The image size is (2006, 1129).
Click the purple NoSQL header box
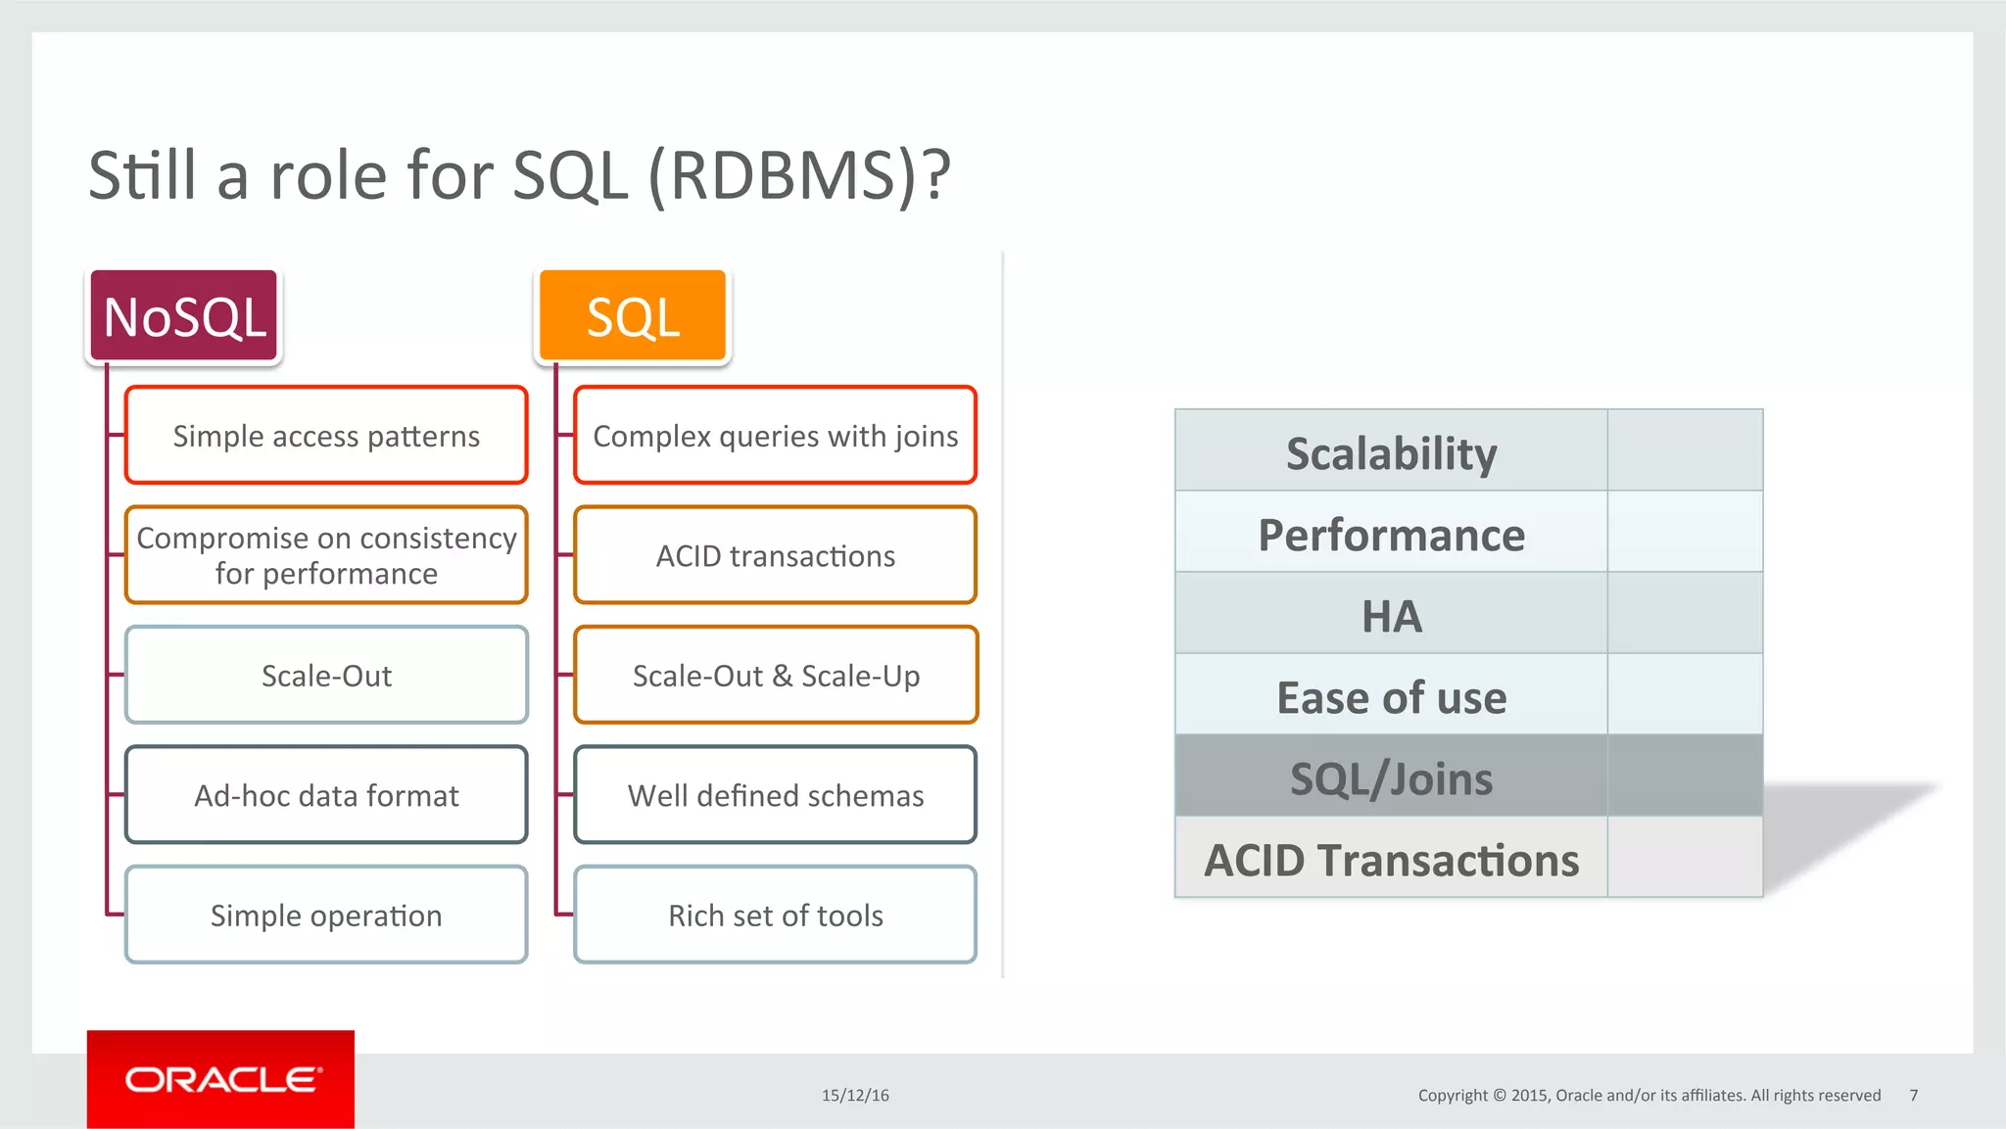coord(184,316)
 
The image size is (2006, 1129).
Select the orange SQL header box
coord(633,316)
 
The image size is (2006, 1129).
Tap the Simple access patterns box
coord(326,436)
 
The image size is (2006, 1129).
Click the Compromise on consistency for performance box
coord(326,555)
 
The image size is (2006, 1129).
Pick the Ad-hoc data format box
coord(326,795)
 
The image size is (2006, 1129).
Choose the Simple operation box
coord(326,915)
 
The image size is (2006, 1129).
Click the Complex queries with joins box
coord(775,436)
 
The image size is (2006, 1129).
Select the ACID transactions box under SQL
coord(775,555)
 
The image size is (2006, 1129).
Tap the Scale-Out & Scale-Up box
coord(775,676)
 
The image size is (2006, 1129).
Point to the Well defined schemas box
coord(775,795)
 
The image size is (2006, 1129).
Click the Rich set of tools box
coord(775,915)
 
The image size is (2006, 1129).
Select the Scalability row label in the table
coord(1391,452)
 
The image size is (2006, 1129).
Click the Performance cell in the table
coord(1391,535)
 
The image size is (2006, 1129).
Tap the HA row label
coord(1391,616)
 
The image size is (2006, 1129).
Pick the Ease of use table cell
coord(1391,697)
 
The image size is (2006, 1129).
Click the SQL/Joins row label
coord(1391,778)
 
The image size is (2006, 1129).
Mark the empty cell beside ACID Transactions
coord(1685,859)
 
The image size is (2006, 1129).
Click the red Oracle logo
coord(220,1079)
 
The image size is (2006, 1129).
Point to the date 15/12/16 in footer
coord(855,1095)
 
